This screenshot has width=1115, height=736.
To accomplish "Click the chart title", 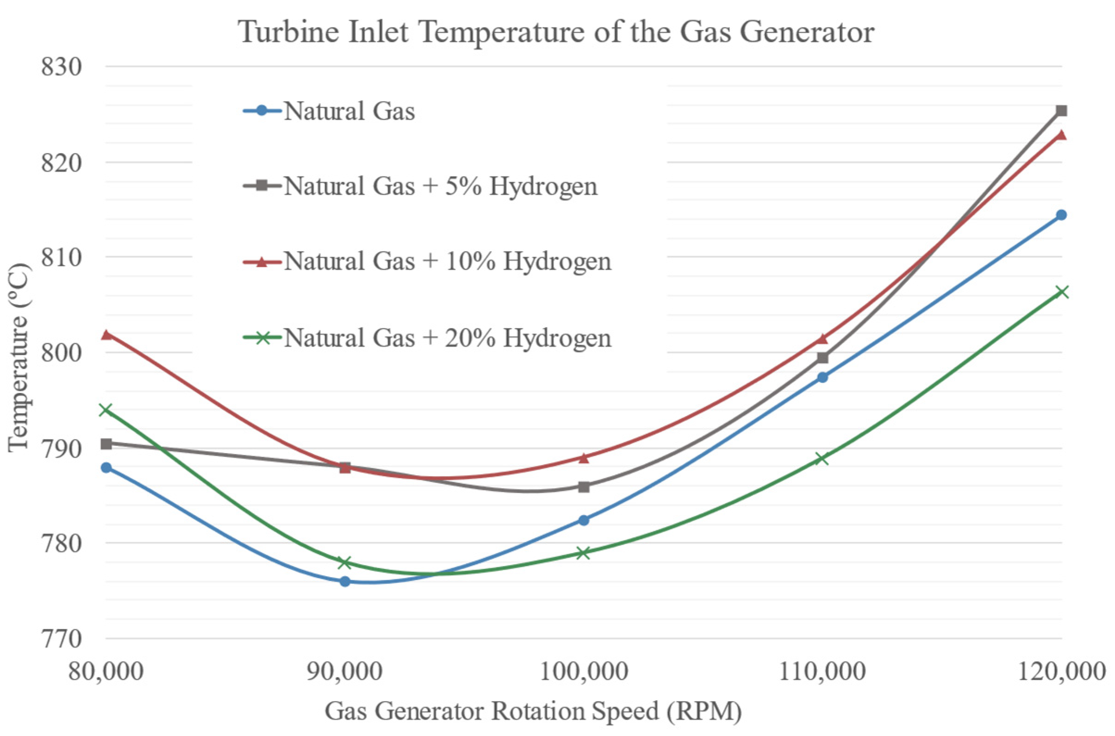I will [x=557, y=32].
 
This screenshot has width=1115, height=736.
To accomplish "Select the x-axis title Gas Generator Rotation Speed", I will [x=533, y=711].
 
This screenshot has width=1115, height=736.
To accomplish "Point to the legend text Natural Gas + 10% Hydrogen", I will [x=447, y=261].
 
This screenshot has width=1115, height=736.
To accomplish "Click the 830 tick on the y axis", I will [x=62, y=67].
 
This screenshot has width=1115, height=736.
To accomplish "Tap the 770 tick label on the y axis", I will [x=62, y=639].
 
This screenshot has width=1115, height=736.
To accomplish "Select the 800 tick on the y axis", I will [x=62, y=353].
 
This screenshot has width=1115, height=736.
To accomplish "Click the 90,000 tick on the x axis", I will [x=344, y=672].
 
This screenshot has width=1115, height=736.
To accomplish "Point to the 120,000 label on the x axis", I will [x=1061, y=672].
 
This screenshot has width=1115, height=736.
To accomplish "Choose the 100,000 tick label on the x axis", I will [x=583, y=672].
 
